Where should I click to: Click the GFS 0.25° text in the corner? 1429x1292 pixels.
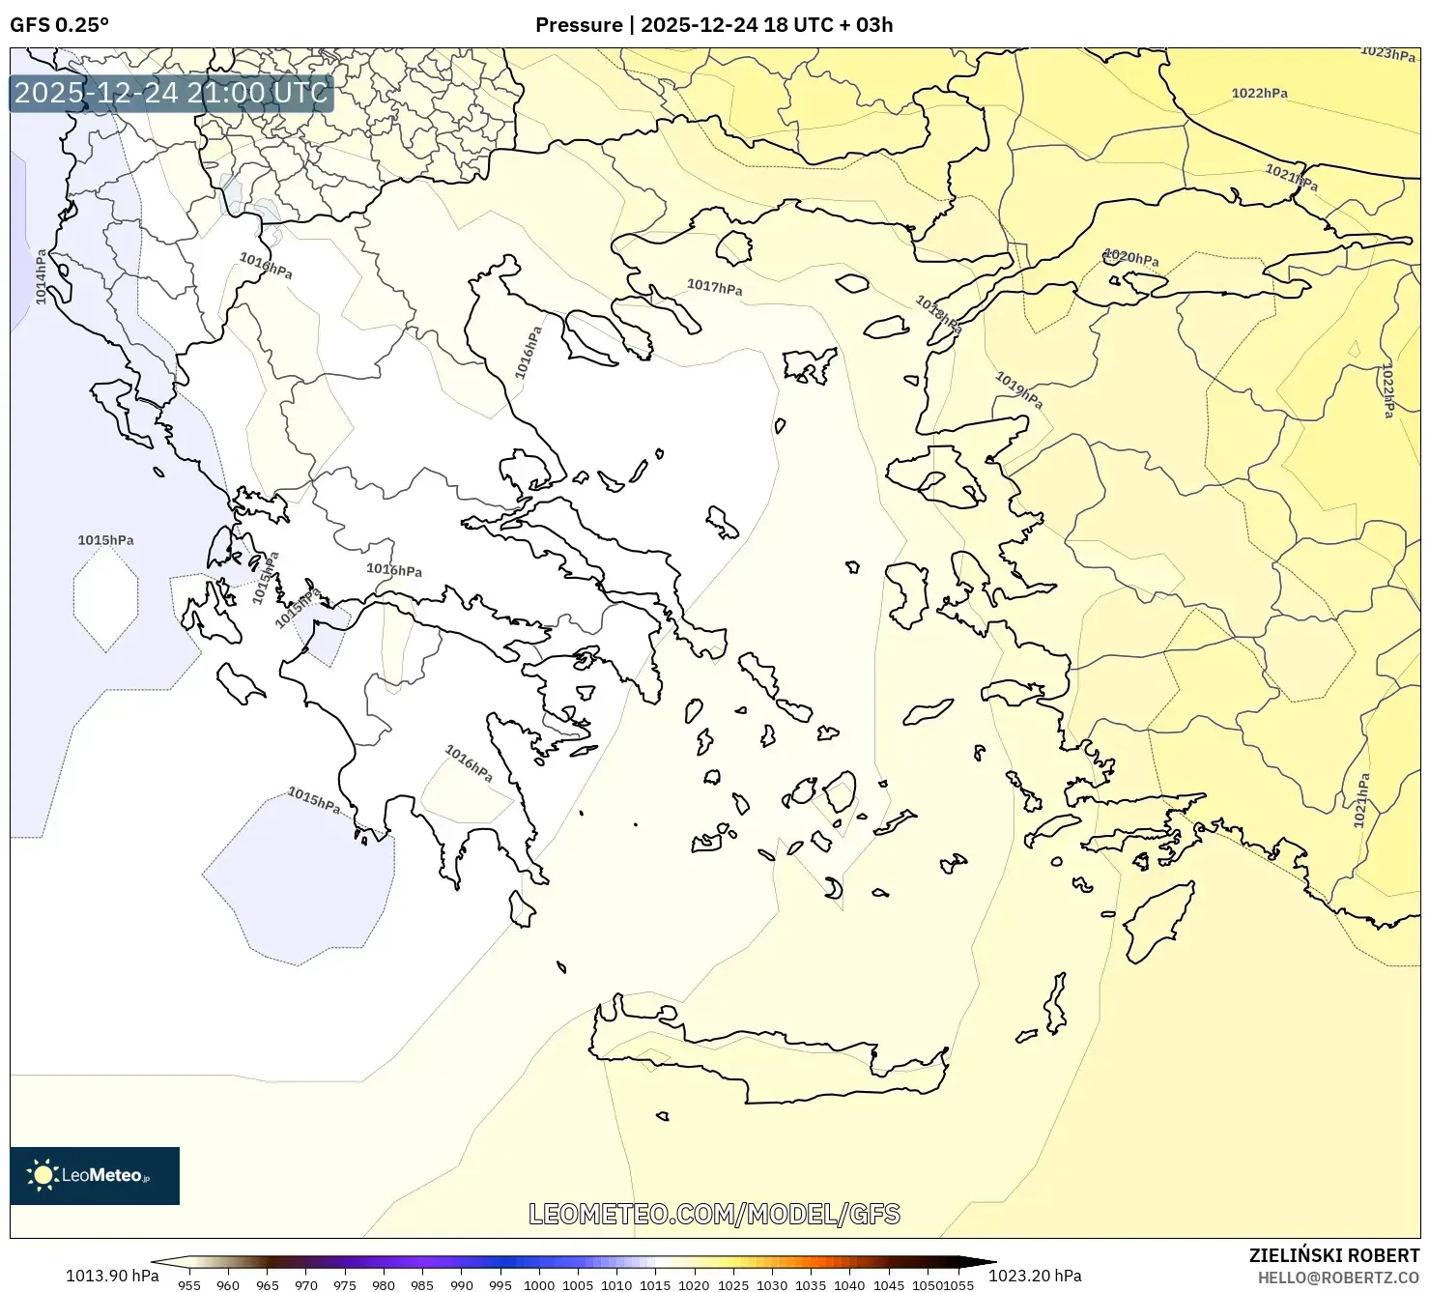pyautogui.click(x=59, y=25)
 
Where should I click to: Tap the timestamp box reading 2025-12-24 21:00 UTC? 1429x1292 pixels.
pyautogui.click(x=171, y=93)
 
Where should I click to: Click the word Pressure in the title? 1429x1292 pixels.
pyautogui.click(x=579, y=25)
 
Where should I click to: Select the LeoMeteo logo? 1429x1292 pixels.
pyautogui.click(x=95, y=1175)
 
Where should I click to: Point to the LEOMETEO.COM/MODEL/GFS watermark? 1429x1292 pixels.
pyautogui.click(x=714, y=1214)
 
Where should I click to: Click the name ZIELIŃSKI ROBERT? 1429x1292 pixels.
pyautogui.click(x=1333, y=1255)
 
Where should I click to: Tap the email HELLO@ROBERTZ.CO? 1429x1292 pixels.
pyautogui.click(x=1338, y=1278)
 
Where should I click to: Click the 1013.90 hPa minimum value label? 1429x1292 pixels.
pyautogui.click(x=112, y=1276)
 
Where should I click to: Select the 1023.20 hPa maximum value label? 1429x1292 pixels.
pyautogui.click(x=1035, y=1276)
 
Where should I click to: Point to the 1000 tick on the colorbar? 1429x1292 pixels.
pyautogui.click(x=539, y=1285)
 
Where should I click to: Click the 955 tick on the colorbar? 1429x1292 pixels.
pyautogui.click(x=189, y=1285)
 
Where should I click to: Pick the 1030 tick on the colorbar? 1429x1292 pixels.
pyautogui.click(x=772, y=1285)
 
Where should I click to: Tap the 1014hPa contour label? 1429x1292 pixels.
pyautogui.click(x=42, y=277)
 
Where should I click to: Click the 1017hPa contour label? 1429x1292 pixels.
pyautogui.click(x=715, y=287)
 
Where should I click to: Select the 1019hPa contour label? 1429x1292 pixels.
pyautogui.click(x=1018, y=389)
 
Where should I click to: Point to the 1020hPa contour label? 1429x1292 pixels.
pyautogui.click(x=1130, y=258)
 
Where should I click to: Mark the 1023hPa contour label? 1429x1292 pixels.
pyautogui.click(x=1387, y=54)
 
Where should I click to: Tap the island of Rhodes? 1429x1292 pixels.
pyautogui.click(x=1157, y=921)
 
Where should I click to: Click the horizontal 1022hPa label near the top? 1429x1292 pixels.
pyautogui.click(x=1259, y=94)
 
